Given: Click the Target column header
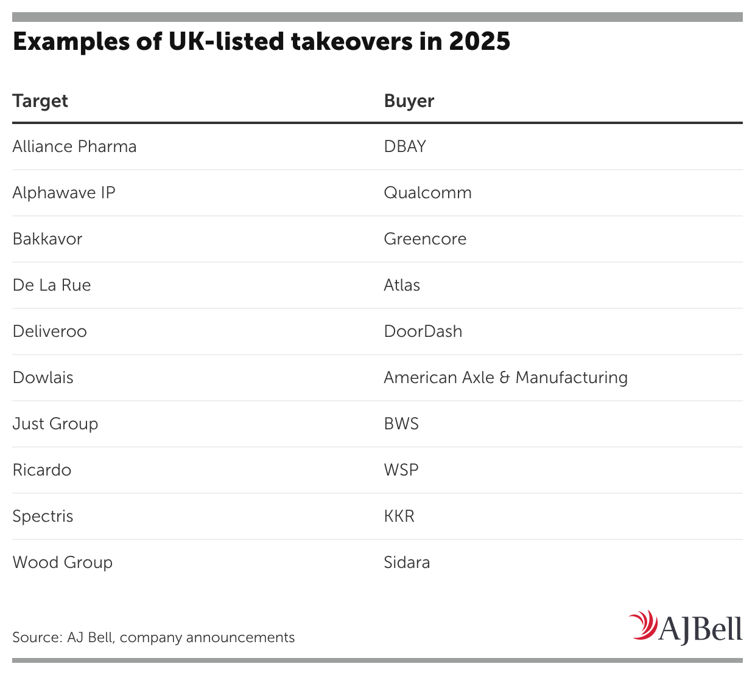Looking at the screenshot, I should click(40, 101).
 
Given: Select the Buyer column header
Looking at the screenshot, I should click(409, 101).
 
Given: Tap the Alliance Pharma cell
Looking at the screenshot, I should click(74, 147).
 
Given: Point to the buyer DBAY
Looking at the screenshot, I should click(405, 147).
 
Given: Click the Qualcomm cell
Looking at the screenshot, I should click(427, 193).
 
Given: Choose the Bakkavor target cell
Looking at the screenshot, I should click(47, 239).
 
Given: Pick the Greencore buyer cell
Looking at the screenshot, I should click(425, 239).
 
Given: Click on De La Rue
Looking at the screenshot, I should click(52, 285).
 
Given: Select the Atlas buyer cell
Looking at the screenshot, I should click(402, 285).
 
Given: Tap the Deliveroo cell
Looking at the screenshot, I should click(50, 331).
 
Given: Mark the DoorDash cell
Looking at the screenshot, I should click(423, 331).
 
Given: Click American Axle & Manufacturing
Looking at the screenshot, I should click(505, 378).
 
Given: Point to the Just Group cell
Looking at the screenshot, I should click(55, 424).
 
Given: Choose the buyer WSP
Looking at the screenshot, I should click(401, 470).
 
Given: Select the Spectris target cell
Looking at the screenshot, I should click(43, 516).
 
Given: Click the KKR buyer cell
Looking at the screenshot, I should click(399, 516).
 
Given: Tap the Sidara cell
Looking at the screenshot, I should click(407, 562).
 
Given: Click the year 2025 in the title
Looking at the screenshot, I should click(480, 41).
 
